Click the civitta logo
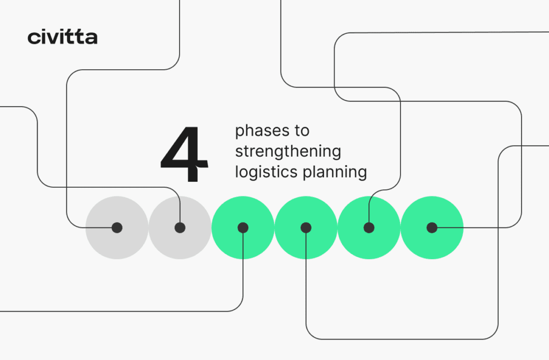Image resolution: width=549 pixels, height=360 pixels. click(62, 38)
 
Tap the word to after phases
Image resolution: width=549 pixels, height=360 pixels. click(302, 131)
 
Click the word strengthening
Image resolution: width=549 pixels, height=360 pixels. click(288, 152)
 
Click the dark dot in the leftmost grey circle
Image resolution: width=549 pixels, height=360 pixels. click(117, 227)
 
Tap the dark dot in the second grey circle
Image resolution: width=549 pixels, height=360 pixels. click(180, 227)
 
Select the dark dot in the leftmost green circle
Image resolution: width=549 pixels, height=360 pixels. click(243, 227)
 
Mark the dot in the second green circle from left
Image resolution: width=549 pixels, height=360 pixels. click(306, 227)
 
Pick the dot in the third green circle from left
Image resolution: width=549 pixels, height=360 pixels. click(369, 227)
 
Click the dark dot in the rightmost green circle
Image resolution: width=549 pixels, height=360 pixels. click(432, 227)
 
